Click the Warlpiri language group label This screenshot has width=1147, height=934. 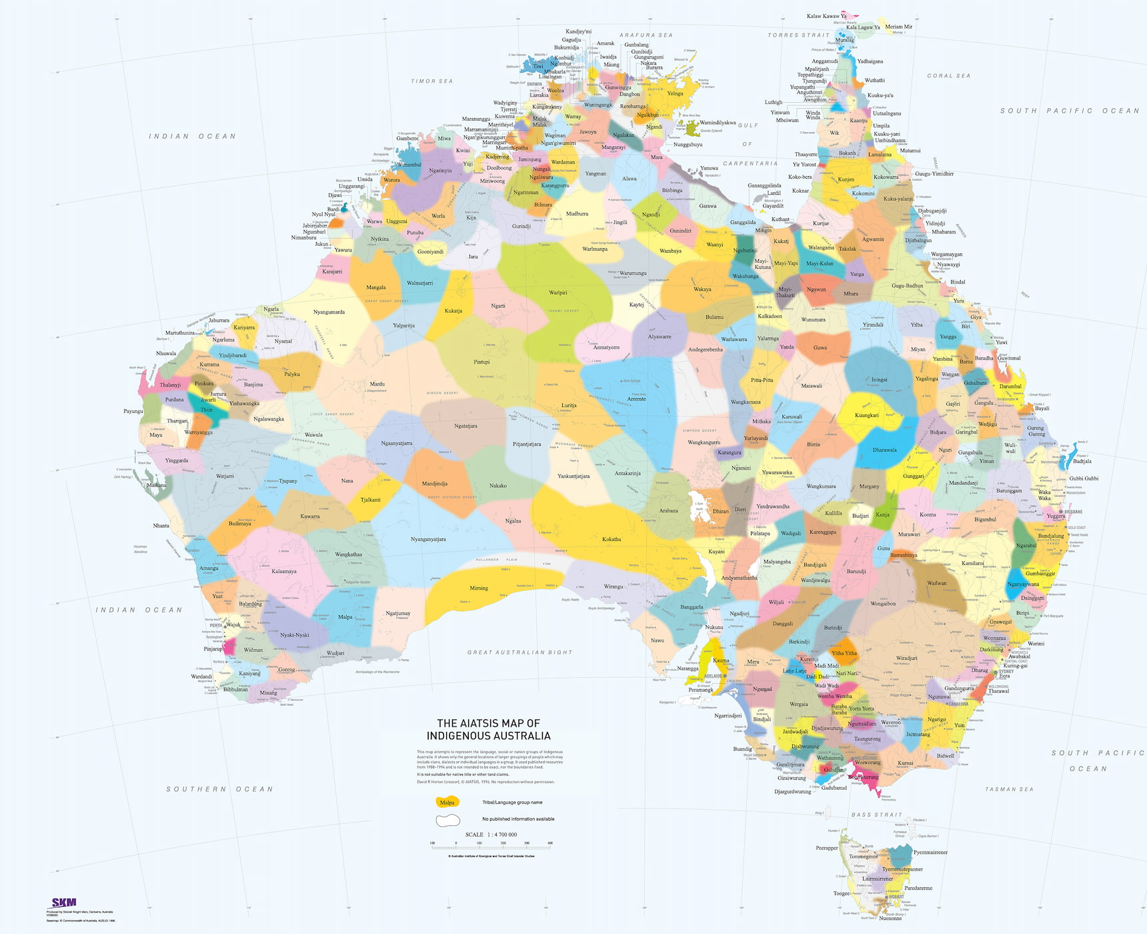558,293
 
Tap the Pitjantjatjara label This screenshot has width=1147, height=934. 527,444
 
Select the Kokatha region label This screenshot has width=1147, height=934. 612,539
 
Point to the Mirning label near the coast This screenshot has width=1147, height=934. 479,588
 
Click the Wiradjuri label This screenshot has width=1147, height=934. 906,658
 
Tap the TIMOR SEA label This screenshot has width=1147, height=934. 432,81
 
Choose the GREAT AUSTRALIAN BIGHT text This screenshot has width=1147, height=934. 519,652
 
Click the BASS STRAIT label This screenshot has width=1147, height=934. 876,815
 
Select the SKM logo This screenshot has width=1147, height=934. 64,903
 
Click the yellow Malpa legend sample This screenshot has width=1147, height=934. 447,803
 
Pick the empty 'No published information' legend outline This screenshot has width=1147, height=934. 448,819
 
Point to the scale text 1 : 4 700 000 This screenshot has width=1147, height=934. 491,835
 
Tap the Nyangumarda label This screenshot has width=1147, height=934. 329,312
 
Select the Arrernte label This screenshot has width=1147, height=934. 636,399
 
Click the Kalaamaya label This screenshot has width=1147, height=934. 284,572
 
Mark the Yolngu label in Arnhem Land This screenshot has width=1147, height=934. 676,93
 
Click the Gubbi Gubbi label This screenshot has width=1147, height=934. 1084,478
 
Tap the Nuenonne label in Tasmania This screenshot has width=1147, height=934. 890,919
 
